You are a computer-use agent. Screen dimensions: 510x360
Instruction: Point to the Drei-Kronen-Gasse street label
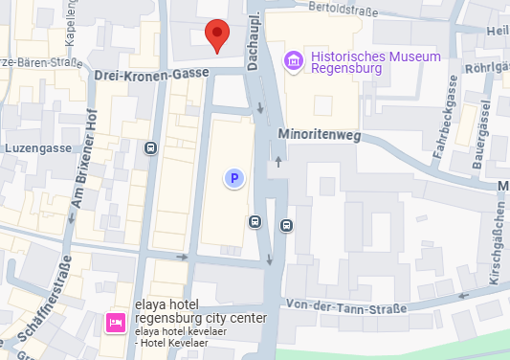tap(150, 74)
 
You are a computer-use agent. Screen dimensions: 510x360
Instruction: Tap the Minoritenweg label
tap(319, 136)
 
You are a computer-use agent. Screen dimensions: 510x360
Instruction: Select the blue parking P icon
tap(233, 177)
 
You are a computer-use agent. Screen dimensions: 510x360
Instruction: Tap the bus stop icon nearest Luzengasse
tap(150, 148)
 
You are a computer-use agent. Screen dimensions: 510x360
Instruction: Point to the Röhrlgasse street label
tap(487, 68)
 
